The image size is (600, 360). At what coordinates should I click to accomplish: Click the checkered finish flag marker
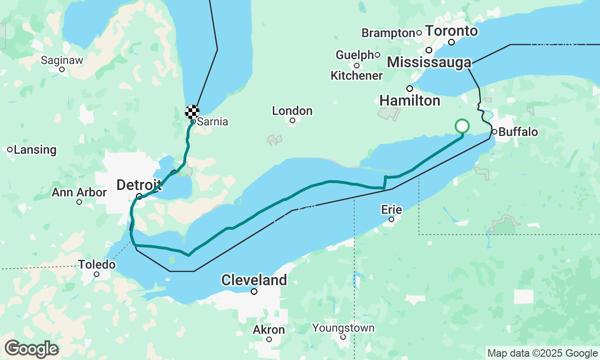pyautogui.click(x=192, y=112)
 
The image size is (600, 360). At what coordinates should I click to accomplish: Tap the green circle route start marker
pyautogui.click(x=462, y=126)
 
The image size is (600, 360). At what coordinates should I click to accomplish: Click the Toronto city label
pyautogui.click(x=452, y=31)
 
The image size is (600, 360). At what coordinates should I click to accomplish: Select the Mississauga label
pyautogui.click(x=429, y=62)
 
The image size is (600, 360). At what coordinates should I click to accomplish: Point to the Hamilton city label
pyautogui.click(x=410, y=100)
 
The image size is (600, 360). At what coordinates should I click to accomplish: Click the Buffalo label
pyautogui.click(x=518, y=132)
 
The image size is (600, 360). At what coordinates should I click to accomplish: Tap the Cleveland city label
pyautogui.click(x=254, y=280)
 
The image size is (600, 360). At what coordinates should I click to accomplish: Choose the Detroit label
pyautogui.click(x=139, y=185)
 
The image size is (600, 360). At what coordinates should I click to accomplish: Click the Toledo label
pyautogui.click(x=97, y=264)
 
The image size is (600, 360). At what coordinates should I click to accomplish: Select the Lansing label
pyautogui.click(x=35, y=150)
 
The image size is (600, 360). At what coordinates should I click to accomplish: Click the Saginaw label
pyautogui.click(x=62, y=60)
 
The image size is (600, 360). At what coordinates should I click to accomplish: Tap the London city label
pyautogui.click(x=292, y=111)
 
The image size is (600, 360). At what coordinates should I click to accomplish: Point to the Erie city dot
pyautogui.click(x=391, y=219)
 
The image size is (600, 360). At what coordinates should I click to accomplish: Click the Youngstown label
pyautogui.click(x=344, y=328)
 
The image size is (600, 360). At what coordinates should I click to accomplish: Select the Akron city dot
pyautogui.click(x=269, y=339)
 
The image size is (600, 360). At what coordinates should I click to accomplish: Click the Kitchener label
pyautogui.click(x=356, y=75)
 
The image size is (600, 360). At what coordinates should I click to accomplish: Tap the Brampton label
pyautogui.click(x=388, y=33)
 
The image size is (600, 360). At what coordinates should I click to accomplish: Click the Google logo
pyautogui.click(x=31, y=349)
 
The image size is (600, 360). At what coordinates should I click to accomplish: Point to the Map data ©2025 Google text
pyautogui.click(x=542, y=353)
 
